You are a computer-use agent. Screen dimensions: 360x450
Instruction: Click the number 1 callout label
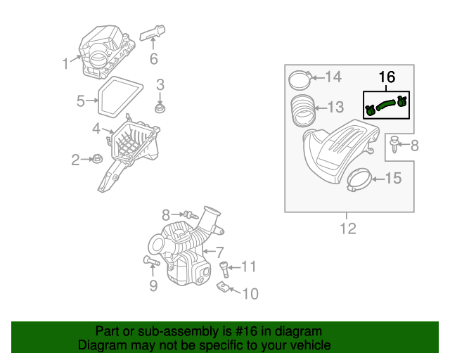[65, 64]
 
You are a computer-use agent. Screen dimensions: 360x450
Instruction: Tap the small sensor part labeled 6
[155, 32]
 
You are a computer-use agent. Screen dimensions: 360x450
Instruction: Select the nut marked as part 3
[160, 109]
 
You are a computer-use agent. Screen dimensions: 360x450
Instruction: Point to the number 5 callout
[81, 101]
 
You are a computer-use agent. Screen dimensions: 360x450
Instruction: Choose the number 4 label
[96, 129]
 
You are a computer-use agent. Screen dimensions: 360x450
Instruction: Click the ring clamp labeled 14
[299, 79]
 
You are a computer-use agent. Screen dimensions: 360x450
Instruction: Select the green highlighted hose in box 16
[385, 105]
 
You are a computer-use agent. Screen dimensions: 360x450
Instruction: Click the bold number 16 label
[387, 77]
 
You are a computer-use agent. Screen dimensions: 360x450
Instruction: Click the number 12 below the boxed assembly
[348, 229]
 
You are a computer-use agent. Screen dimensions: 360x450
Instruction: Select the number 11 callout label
[249, 266]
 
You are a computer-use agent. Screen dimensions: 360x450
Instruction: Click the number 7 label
[219, 252]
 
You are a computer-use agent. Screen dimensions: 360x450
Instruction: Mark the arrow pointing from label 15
[375, 180]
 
